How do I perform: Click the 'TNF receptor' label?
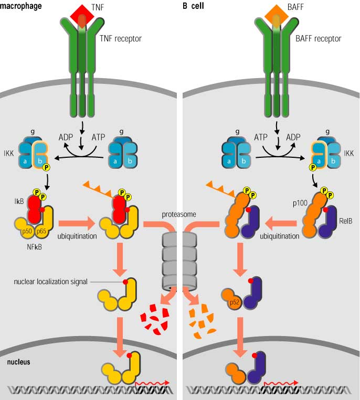pos(121,39)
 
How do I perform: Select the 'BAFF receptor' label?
pos(319,39)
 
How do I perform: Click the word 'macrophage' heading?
pos(20,6)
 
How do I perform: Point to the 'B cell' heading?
pos(193,5)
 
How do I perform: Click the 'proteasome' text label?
pos(179,214)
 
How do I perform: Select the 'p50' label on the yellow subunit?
pos(27,231)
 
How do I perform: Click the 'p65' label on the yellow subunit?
pos(41,231)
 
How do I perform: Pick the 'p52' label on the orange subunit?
pos(235,302)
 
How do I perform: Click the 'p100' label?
pos(300,203)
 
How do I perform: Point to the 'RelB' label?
pos(346,221)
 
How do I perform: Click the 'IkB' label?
pos(19,201)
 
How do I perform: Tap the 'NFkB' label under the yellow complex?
pos(34,247)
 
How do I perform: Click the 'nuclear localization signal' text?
pos(50,282)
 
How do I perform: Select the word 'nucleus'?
pos(19,362)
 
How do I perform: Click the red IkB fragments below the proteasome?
pos(154,319)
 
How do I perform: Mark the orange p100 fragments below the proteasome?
pos(202,321)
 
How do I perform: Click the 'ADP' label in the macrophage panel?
pos(66,137)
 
